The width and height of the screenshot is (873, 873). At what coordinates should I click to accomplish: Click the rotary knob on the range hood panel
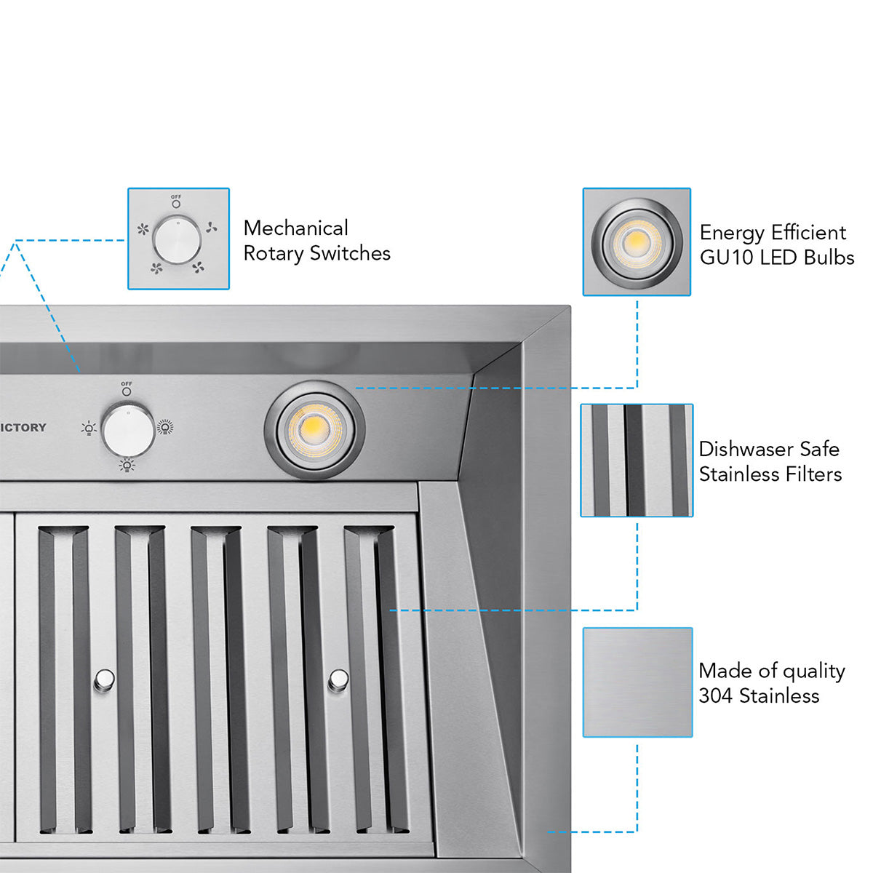point(128,430)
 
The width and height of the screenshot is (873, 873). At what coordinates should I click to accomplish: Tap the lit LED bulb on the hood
point(314,429)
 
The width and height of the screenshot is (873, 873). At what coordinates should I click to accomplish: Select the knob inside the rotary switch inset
point(178,239)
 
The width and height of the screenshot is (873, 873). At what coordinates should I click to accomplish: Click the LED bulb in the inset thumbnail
point(637,242)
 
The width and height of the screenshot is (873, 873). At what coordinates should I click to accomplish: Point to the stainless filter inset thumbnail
point(637,461)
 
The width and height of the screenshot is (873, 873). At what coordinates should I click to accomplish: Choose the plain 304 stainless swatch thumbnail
point(637,682)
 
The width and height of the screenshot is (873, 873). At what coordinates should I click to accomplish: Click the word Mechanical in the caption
point(295,228)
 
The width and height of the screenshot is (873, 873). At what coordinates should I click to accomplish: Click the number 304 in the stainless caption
point(715,696)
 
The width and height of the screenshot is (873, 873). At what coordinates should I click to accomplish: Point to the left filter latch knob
point(104,679)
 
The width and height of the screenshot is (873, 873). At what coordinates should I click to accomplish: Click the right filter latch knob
point(338,679)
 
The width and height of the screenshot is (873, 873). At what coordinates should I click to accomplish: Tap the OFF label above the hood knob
point(127,384)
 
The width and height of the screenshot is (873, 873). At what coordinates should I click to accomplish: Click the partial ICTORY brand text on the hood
point(23,428)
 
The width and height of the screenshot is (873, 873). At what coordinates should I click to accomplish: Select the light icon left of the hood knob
point(89,428)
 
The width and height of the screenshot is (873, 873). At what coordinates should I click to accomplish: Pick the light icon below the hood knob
point(127,465)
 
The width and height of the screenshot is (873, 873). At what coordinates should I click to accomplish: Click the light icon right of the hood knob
point(165,428)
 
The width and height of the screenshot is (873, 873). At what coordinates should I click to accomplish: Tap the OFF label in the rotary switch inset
point(176,197)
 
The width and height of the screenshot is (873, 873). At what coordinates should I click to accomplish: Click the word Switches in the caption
point(350,253)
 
